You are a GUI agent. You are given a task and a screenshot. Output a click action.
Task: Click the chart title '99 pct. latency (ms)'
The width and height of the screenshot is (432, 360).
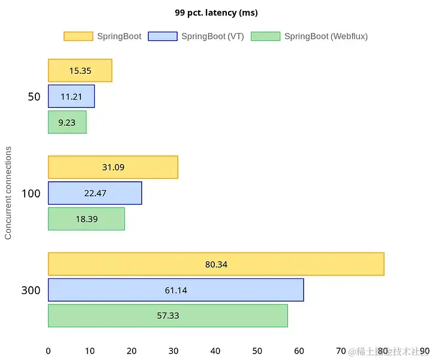[216, 13]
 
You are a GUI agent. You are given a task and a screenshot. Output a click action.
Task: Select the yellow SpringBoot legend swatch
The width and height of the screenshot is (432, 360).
[78, 36]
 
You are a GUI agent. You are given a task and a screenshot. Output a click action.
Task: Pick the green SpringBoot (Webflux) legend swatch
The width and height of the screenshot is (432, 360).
[265, 36]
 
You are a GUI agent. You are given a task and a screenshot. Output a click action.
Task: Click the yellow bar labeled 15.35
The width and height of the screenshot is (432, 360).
[80, 70]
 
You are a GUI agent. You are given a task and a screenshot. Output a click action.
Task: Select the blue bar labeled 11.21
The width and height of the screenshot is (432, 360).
[71, 96]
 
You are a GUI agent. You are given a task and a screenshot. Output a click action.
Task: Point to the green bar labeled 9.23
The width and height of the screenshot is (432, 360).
[67, 122]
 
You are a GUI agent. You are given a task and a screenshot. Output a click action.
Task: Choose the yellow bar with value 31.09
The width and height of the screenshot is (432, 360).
[113, 167]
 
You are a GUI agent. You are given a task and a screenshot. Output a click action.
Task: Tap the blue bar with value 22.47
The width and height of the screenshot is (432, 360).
[95, 193]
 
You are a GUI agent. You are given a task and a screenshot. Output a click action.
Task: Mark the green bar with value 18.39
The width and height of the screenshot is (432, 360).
[86, 219]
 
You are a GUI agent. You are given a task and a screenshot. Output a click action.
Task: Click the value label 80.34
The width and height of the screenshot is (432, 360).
[216, 264]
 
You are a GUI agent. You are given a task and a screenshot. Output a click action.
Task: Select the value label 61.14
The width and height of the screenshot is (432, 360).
[176, 290]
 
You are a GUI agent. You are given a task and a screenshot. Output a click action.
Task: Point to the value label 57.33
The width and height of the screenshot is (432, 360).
[167, 316]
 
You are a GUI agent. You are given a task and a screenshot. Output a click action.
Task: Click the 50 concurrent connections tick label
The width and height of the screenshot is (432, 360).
[34, 97]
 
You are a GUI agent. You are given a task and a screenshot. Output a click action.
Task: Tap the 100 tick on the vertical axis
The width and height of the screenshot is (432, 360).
[31, 194]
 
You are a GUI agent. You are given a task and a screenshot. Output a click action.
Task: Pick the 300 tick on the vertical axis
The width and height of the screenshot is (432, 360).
[31, 290]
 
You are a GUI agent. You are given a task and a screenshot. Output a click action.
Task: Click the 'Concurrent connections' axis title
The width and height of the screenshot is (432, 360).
[8, 192]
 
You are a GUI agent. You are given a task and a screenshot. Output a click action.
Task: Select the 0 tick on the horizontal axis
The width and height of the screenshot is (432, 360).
[48, 351]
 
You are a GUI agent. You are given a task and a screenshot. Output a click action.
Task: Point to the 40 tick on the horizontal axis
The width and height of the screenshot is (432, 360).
[215, 351]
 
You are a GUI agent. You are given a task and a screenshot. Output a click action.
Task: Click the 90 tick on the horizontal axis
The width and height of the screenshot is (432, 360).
[425, 351]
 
